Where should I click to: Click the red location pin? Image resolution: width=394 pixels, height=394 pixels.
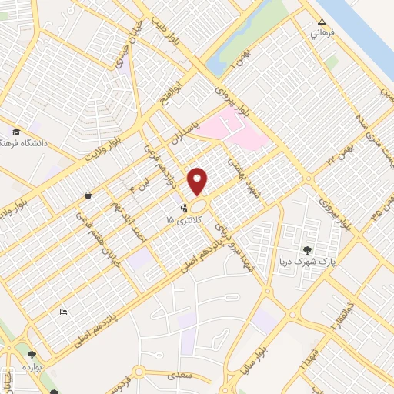198,180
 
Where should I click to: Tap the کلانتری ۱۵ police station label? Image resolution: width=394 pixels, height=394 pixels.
182,220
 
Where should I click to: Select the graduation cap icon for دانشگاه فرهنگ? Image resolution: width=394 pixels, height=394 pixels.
18,131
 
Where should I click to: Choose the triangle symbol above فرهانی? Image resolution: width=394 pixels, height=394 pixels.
322,22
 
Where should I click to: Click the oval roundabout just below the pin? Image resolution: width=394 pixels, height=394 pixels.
199,207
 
